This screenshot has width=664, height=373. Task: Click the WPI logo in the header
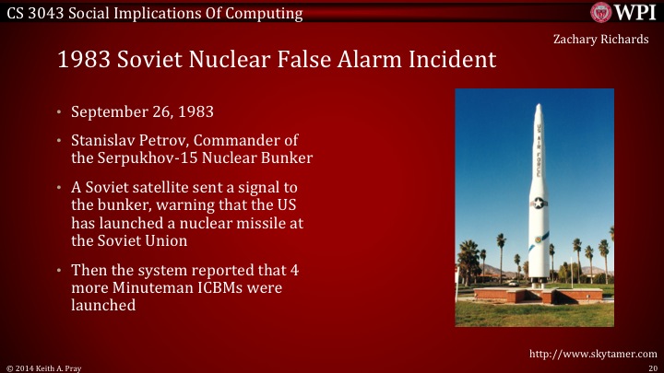623,13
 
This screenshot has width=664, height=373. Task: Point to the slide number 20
652,367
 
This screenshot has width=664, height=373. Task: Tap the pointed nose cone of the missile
537,111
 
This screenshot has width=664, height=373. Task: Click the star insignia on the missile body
537,204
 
